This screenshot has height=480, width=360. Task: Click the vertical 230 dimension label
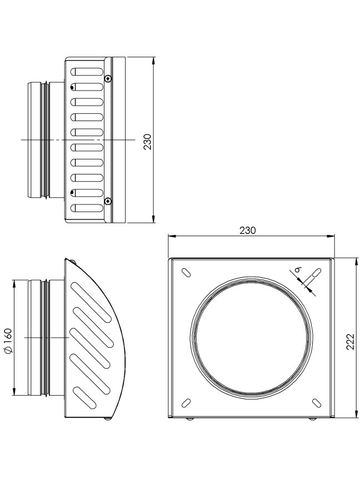point(148,142)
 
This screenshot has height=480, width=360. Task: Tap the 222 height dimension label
point(350,341)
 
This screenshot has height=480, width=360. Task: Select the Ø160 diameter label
point(8,341)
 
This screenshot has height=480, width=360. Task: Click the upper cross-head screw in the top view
point(108,79)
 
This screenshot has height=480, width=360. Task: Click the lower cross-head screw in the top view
point(108,201)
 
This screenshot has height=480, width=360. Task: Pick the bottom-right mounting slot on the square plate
point(317,403)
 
